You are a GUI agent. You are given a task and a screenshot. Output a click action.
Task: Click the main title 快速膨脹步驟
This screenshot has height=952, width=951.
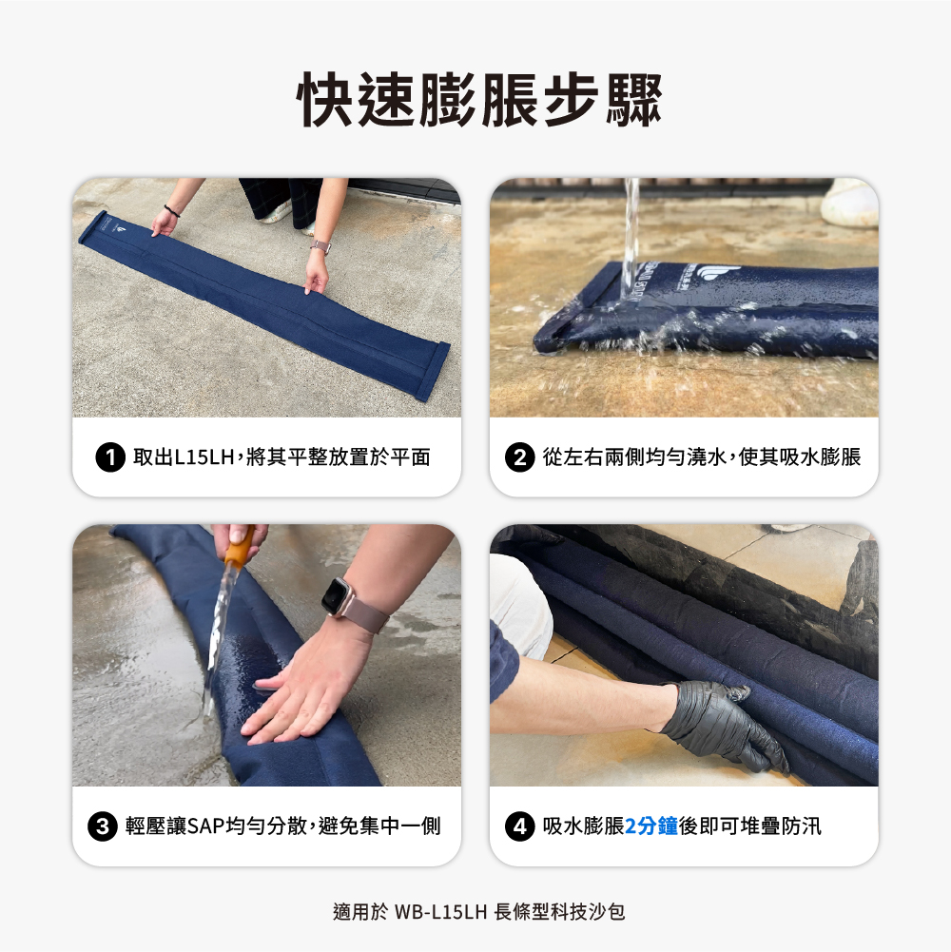click(475, 98)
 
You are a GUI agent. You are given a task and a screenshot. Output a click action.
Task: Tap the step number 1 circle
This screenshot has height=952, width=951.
click(111, 457)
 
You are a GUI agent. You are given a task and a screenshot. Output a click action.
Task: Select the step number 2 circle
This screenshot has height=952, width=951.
click(519, 457)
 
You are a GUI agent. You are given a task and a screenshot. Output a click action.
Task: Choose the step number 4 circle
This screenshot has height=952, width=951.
click(519, 826)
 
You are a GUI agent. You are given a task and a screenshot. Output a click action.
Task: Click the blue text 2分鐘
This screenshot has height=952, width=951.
click(651, 826)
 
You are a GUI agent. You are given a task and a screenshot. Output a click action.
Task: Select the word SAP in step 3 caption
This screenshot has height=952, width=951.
click(205, 826)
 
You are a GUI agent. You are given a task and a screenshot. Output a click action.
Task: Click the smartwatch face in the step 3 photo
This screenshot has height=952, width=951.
click(336, 597)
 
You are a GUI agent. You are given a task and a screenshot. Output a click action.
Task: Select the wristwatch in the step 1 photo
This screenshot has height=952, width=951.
click(320, 247)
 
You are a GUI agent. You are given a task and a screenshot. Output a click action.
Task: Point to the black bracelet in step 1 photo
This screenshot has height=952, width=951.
click(171, 210)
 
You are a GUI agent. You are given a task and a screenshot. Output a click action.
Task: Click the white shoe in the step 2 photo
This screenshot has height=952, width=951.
click(849, 202)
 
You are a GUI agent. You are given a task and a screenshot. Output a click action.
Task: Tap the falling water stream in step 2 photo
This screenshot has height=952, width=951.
click(630, 238)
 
